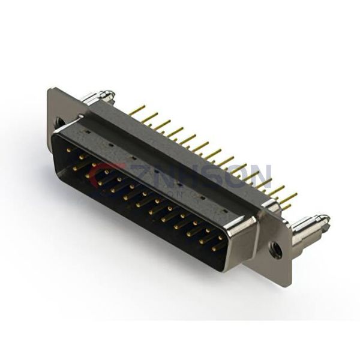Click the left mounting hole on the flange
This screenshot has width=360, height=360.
point(59,122)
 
